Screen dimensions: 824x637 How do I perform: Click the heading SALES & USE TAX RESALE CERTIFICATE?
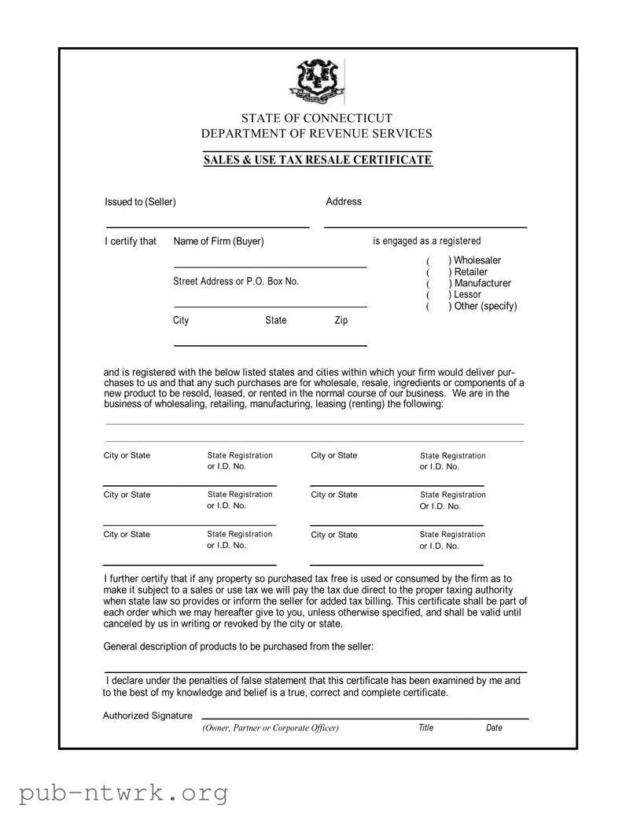tap(317, 160)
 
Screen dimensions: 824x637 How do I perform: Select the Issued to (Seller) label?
tap(140, 202)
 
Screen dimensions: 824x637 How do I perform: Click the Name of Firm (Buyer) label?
tap(218, 241)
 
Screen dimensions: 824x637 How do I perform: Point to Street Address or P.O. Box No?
tap(236, 281)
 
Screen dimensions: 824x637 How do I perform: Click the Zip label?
tap(341, 321)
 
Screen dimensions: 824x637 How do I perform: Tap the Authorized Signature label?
tap(148, 715)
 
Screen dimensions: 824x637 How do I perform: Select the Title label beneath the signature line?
tap(425, 728)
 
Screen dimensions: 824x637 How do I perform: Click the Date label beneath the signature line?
tap(494, 728)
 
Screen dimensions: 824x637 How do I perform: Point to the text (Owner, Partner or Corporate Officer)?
tap(271, 728)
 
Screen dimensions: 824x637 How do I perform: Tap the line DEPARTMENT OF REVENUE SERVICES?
tap(316, 134)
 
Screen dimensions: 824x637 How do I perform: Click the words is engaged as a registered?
tap(426, 241)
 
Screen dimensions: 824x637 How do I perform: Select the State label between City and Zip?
tap(275, 321)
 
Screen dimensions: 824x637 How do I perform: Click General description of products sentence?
tap(238, 646)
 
